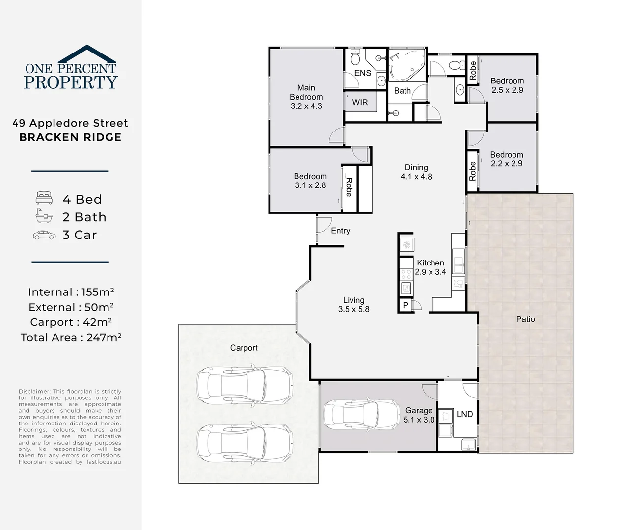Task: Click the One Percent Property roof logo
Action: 87,54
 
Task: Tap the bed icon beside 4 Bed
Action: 44,198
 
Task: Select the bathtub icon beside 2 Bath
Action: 44,215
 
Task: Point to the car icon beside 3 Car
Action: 44,235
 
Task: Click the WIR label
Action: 360,103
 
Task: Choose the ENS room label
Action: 363,73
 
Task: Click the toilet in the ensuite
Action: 355,56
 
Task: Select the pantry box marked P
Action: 406,305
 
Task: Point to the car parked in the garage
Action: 362,415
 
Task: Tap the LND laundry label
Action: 464,414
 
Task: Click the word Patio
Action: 525,319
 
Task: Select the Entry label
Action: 340,231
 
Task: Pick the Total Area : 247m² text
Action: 71,337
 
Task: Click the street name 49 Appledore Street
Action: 70,123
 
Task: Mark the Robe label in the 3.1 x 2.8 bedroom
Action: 349,187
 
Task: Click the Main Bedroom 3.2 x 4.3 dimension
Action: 306,106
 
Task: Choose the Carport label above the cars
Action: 243,348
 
